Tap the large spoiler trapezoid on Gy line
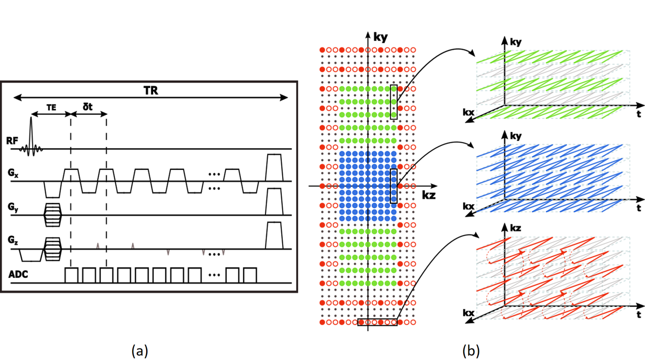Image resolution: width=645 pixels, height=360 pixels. click(x=274, y=202)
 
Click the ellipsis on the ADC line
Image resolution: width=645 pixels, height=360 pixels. click(x=214, y=275)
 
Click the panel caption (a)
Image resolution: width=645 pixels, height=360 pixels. click(x=140, y=350)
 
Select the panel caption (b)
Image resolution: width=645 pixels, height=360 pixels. click(x=471, y=350)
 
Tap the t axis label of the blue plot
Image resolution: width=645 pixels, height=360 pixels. click(x=638, y=208)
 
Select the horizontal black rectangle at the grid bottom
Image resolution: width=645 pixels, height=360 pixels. click(x=377, y=322)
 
